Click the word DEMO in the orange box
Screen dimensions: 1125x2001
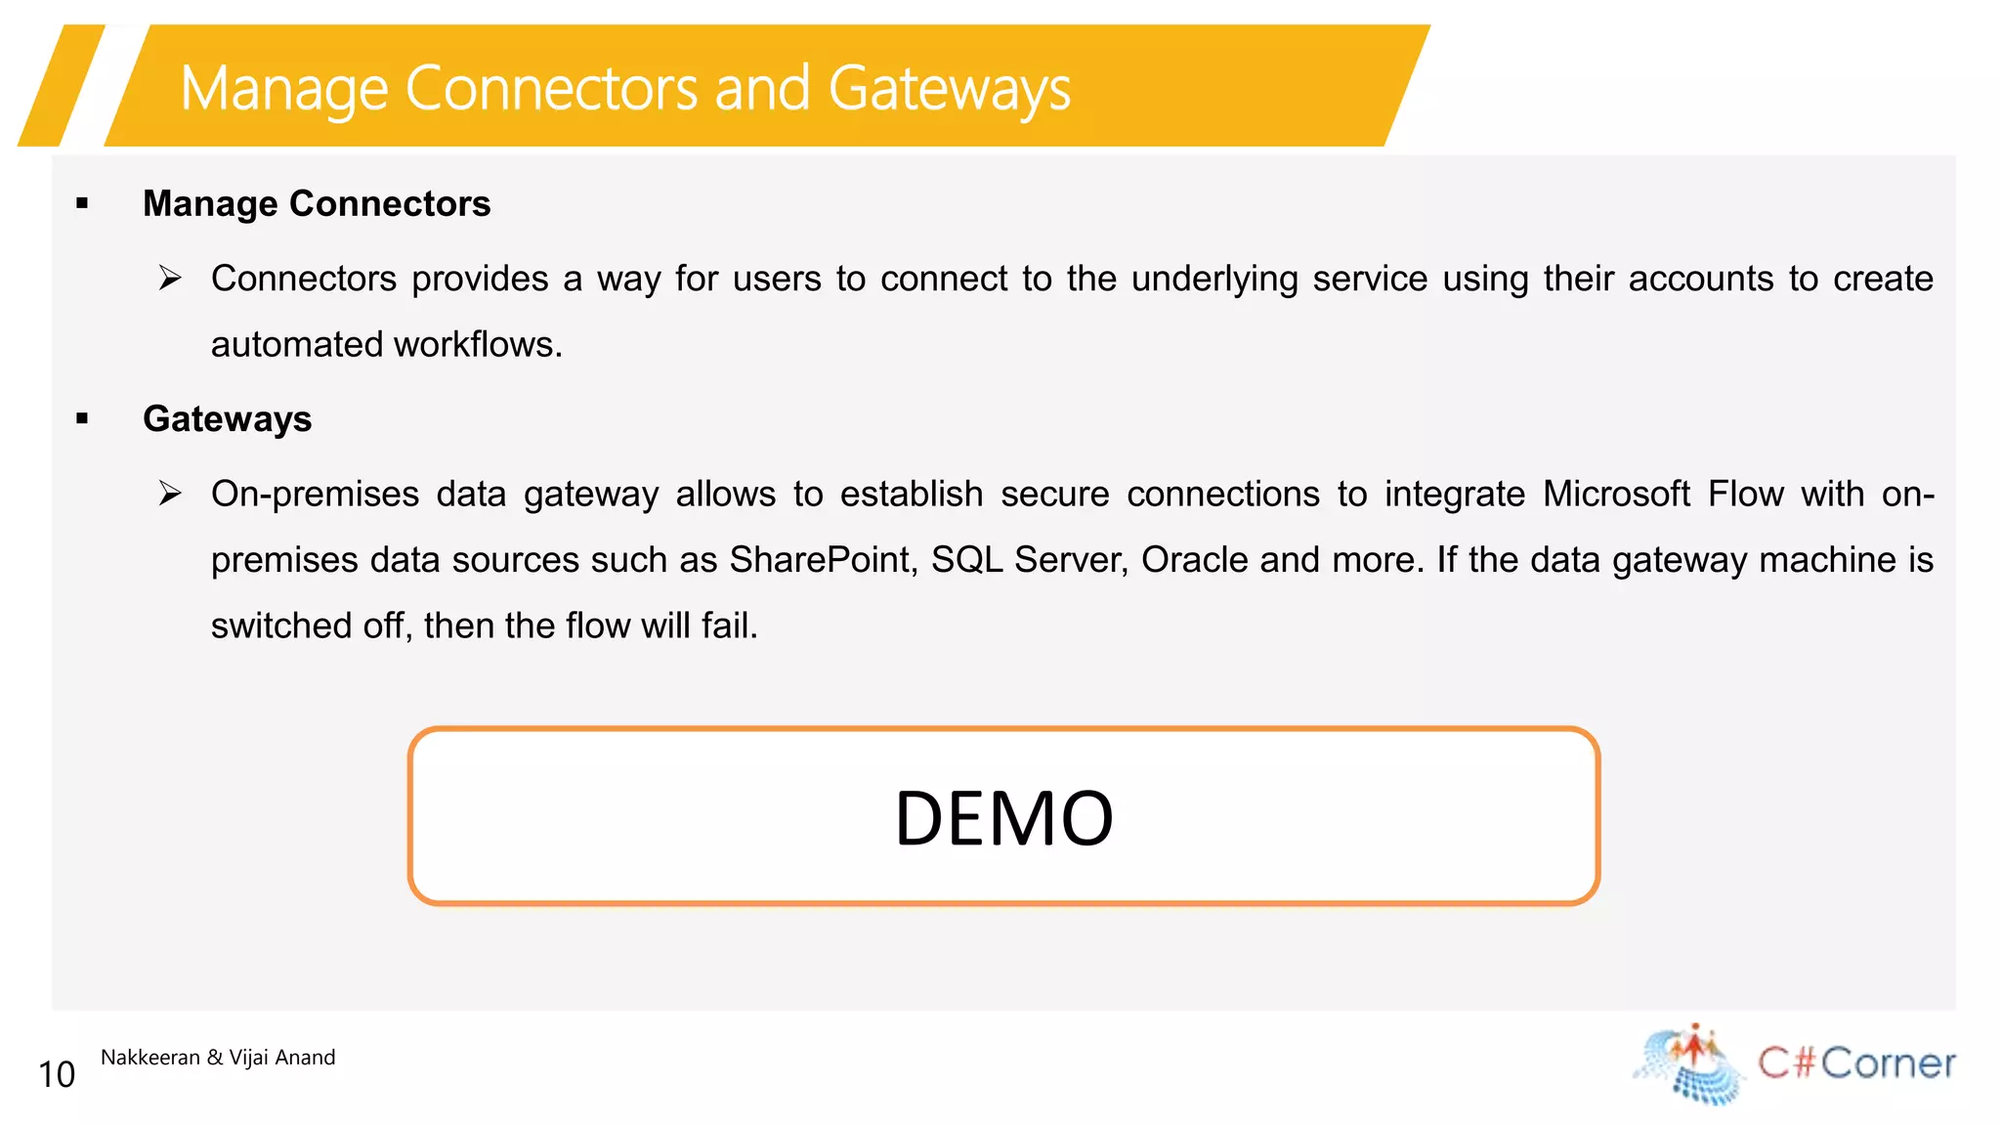click(x=1003, y=817)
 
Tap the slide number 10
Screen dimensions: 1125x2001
click(x=57, y=1074)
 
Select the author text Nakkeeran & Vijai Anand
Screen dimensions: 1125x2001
click(x=218, y=1057)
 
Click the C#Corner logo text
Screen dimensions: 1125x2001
click(x=1856, y=1062)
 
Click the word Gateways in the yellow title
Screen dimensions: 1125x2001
click(x=949, y=88)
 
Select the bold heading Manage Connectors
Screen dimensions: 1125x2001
click(x=317, y=203)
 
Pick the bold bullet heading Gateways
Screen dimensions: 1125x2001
click(x=227, y=418)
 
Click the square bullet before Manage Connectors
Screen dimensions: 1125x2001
click(x=82, y=204)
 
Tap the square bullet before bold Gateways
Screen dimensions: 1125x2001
click(x=82, y=419)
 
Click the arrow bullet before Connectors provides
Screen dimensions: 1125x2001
click(x=171, y=279)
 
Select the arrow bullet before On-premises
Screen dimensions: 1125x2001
click(x=171, y=494)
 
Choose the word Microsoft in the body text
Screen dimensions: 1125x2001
click(x=1616, y=494)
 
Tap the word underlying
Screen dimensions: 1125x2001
click(x=1214, y=280)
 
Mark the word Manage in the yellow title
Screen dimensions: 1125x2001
click(x=284, y=88)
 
